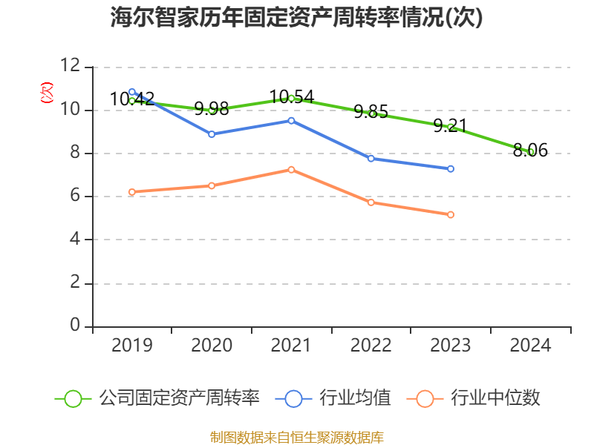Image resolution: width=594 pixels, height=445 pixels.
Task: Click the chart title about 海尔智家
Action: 297,18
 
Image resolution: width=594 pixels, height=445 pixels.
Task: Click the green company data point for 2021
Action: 291,98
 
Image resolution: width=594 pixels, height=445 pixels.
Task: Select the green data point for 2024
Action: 531,152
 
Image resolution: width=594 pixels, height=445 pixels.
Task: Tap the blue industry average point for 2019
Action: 132,92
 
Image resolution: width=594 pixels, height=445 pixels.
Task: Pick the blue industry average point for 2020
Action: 212,134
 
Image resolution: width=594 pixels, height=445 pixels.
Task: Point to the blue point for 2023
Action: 451,169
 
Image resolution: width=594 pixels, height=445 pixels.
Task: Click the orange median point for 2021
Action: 291,170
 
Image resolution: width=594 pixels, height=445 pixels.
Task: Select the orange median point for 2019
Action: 132,192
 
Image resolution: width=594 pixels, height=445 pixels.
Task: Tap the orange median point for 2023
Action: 451,215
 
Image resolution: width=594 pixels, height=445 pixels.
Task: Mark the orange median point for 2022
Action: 371,202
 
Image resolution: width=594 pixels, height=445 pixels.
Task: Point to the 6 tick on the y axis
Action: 74,197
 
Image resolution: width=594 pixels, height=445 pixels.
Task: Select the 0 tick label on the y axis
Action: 74,326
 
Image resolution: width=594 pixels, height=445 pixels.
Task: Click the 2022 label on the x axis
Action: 371,346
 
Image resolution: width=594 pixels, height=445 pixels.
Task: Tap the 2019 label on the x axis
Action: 132,346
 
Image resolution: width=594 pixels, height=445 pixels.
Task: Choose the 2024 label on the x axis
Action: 531,346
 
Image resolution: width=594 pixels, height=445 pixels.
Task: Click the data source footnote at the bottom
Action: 297,437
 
